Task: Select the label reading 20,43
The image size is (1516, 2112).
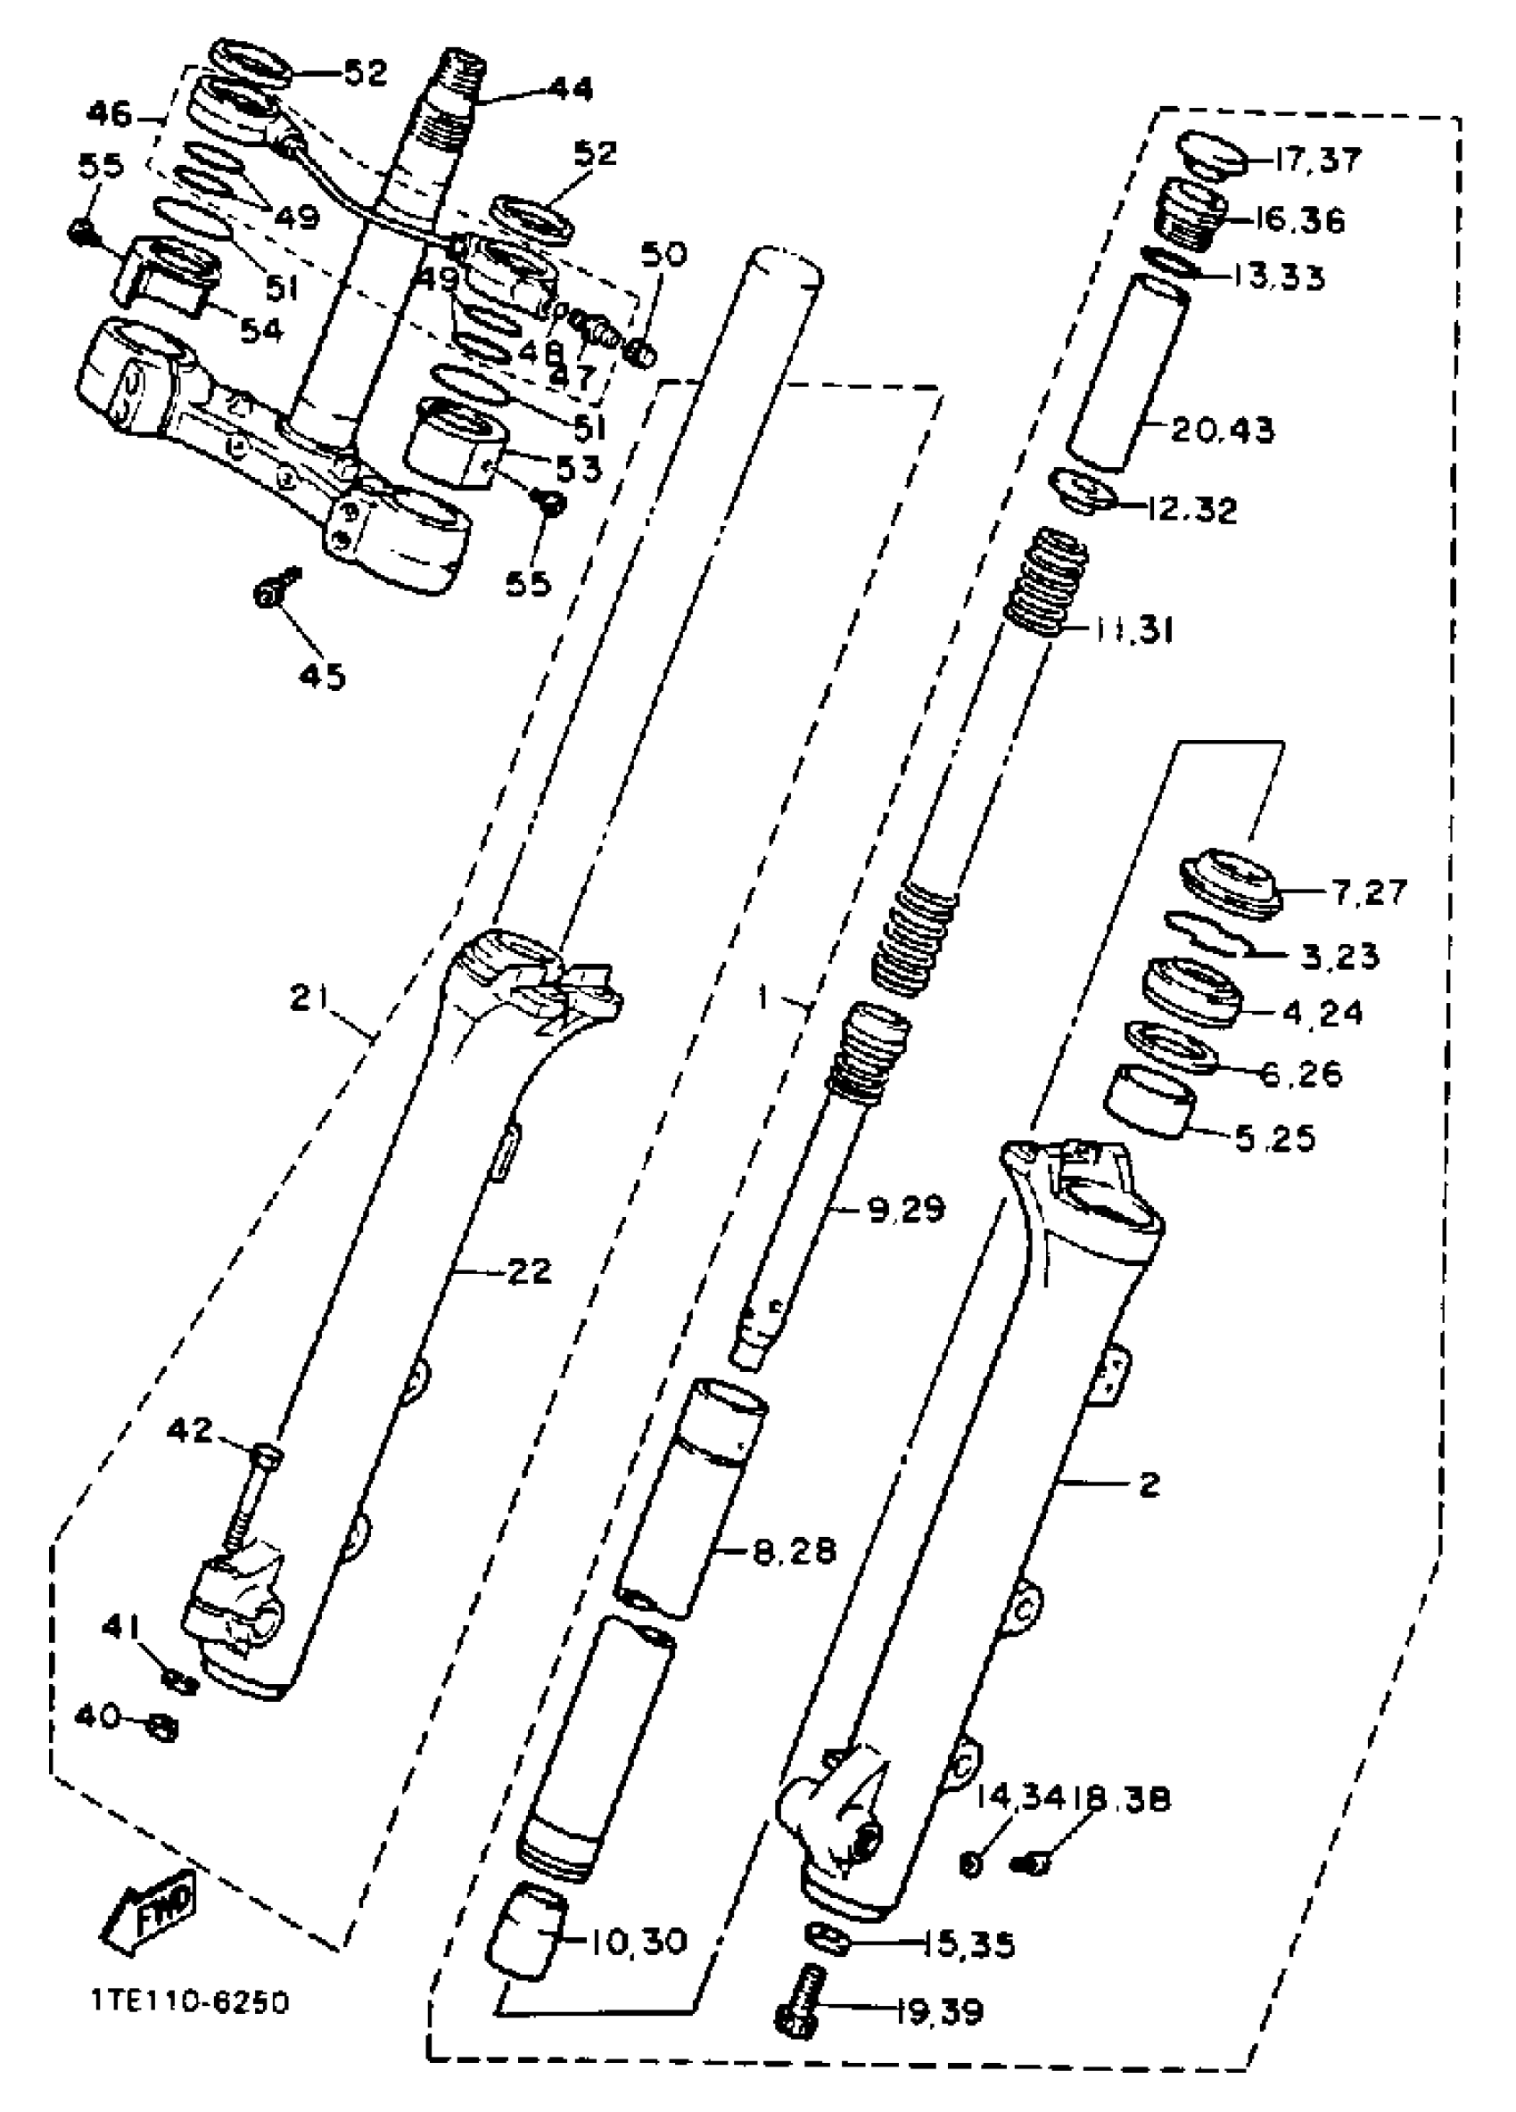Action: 1223,431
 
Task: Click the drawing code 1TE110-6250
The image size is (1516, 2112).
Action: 190,2001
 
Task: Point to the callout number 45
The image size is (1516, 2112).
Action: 322,675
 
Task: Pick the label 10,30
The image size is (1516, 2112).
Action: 639,1943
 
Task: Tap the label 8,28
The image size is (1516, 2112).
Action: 795,1551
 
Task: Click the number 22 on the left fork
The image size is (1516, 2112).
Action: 529,1271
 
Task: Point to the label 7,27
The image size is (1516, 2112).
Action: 1369,892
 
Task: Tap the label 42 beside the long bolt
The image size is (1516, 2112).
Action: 190,1429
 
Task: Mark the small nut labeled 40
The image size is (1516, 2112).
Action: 164,1729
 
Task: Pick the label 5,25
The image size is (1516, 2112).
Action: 1275,1138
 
